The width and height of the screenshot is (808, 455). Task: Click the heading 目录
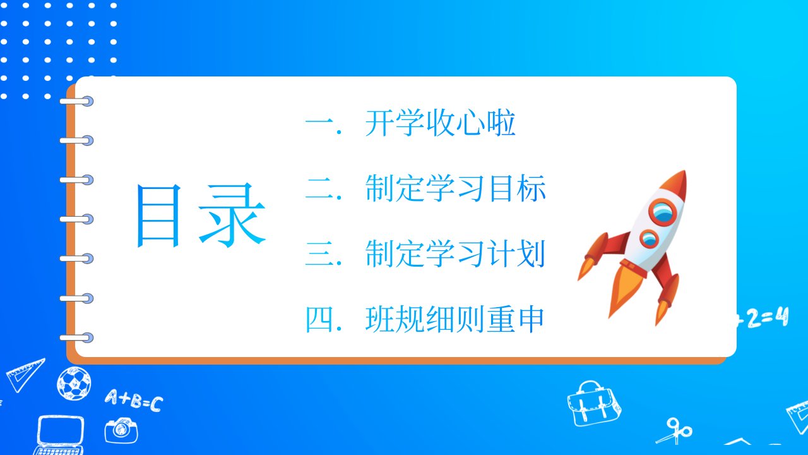(x=201, y=215)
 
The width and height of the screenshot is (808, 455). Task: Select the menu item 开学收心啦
(x=441, y=123)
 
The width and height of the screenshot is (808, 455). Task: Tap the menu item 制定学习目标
(x=456, y=188)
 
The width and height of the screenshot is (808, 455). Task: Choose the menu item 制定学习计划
(x=455, y=253)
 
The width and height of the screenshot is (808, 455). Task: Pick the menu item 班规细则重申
(x=455, y=319)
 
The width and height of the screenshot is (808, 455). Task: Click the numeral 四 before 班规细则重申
(x=319, y=319)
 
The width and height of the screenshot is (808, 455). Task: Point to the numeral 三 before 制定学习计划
(x=319, y=253)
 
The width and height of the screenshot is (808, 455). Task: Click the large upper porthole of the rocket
(x=663, y=212)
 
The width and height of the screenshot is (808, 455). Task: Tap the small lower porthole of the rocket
(x=650, y=239)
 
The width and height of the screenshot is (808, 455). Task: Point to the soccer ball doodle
(x=74, y=384)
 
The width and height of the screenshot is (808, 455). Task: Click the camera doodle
(x=121, y=430)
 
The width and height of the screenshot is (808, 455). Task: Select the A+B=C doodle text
(x=134, y=401)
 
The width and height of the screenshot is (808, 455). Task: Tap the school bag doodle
(x=594, y=404)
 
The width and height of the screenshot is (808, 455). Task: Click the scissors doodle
(x=675, y=431)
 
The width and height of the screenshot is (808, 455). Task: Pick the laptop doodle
(x=60, y=435)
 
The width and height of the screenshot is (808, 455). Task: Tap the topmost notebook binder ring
(x=76, y=102)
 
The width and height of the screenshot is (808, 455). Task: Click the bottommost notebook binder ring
(x=76, y=338)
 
